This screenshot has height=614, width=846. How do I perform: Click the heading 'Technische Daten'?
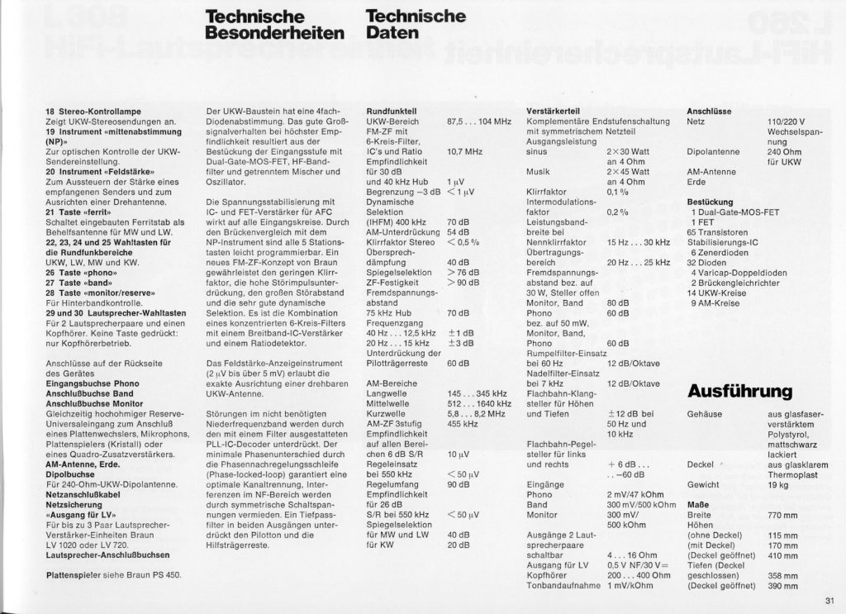click(x=415, y=26)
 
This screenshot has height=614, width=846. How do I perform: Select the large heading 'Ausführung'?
click(x=739, y=390)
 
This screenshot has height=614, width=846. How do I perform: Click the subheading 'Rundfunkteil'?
click(x=390, y=111)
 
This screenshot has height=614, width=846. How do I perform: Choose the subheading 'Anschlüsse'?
click(x=710, y=111)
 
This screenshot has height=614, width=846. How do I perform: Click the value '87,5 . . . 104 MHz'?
click(x=478, y=121)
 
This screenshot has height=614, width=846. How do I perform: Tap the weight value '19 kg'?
click(x=778, y=484)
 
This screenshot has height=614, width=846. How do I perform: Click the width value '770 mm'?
click(x=782, y=515)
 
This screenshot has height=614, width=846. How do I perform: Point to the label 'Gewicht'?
click(x=703, y=484)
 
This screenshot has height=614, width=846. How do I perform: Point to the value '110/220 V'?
click(x=786, y=121)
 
